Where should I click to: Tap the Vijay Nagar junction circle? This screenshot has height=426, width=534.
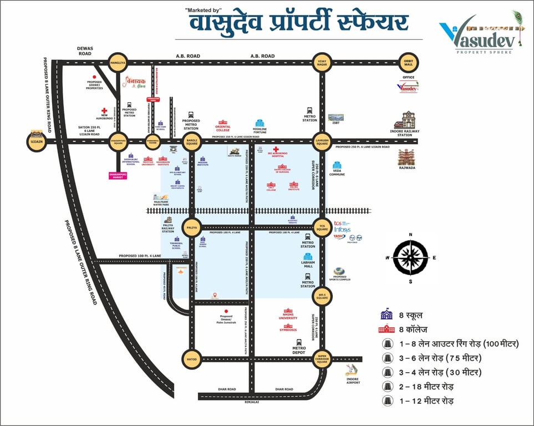(322, 63)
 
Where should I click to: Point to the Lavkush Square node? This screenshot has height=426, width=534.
(322, 141)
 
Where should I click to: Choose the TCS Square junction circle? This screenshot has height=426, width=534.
(322, 227)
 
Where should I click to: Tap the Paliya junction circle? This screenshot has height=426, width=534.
(191, 227)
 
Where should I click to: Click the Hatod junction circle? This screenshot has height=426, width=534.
(191, 359)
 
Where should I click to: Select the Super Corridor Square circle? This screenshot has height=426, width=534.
(322, 359)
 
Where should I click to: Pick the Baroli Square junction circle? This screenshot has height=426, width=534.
(191, 141)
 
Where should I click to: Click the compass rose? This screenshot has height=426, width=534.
(410, 257)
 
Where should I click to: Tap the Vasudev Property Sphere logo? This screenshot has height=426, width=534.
(481, 34)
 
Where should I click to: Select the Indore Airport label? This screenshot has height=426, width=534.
(353, 381)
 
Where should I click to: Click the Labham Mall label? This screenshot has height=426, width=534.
(308, 264)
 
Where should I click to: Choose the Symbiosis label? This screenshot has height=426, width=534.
(288, 330)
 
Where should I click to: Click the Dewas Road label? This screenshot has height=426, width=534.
(85, 51)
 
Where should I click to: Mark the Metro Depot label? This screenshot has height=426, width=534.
(299, 351)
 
